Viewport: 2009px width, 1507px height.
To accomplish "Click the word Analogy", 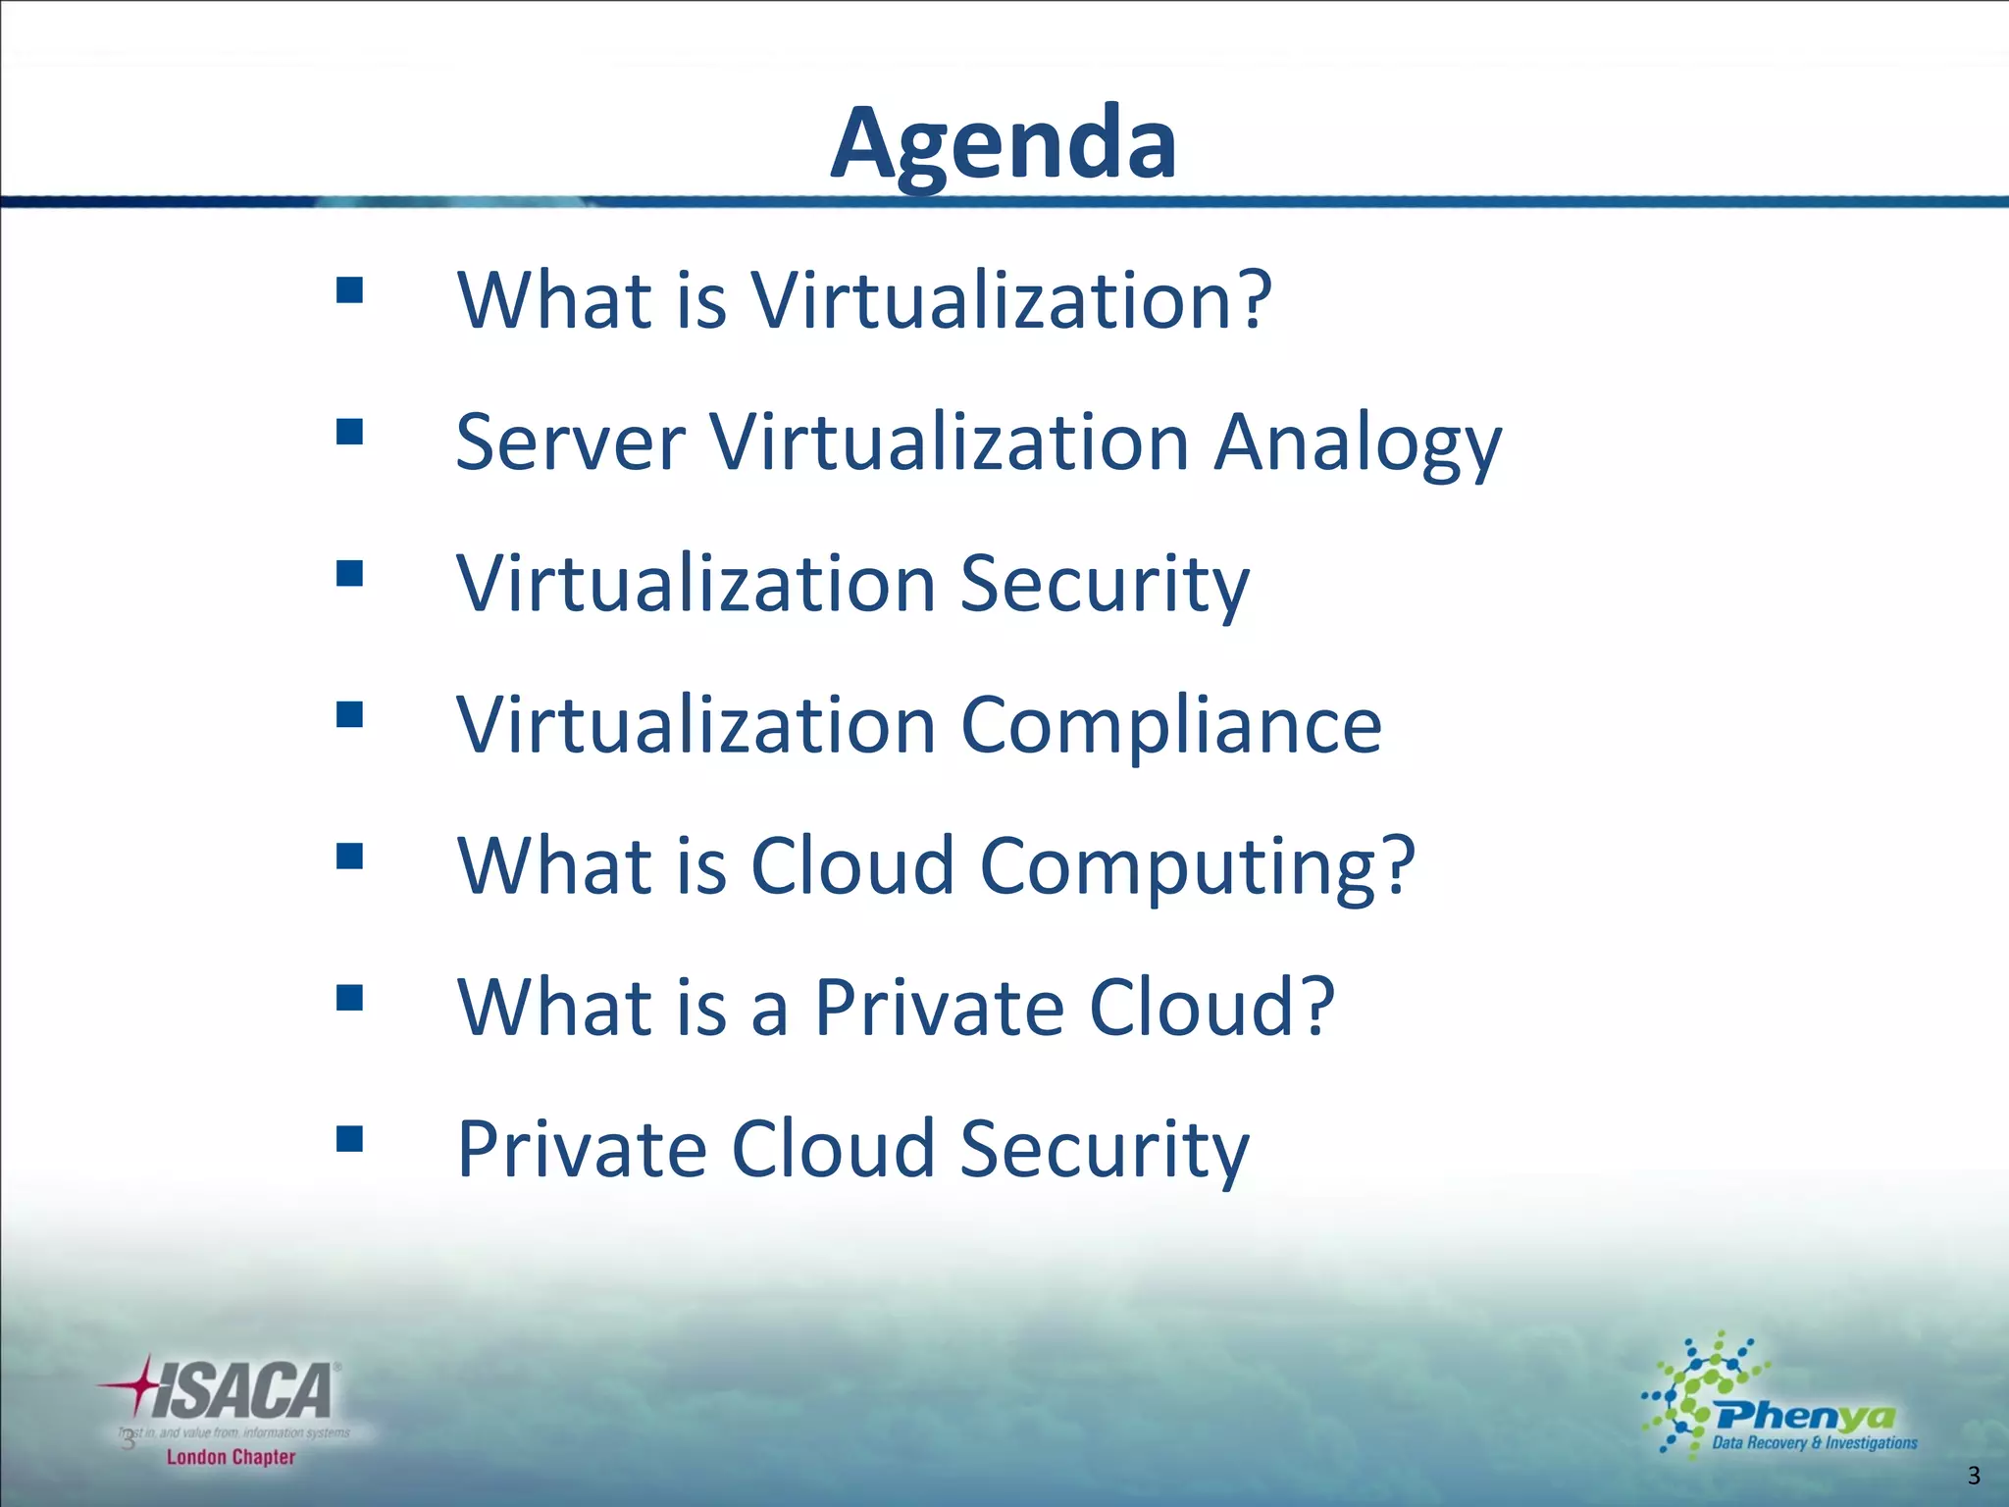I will point(1358,443).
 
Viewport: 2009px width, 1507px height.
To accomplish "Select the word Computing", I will point(1197,867).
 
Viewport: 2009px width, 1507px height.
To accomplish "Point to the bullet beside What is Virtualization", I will point(349,290).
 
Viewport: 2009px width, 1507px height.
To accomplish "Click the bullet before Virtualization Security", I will point(349,573).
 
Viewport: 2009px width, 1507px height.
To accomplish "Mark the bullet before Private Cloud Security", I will point(349,1138).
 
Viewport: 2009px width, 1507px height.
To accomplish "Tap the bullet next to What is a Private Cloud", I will point(349,998).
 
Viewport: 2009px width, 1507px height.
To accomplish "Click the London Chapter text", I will point(231,1457).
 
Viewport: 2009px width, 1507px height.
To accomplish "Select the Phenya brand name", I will point(1806,1416).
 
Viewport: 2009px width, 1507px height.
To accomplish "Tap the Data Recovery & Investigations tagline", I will point(1814,1443).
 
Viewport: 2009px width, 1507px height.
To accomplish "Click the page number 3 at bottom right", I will point(1974,1476).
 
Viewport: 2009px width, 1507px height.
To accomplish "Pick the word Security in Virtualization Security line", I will point(1104,584).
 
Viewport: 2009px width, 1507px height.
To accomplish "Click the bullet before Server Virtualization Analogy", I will point(349,432).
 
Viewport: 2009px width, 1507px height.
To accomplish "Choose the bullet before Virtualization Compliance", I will point(349,714).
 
